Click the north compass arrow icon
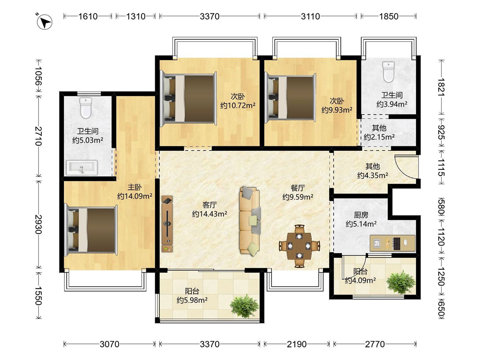click(x=44, y=22)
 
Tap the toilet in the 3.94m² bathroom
click(x=388, y=72)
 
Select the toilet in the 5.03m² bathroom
click(x=85, y=108)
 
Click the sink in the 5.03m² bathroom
click(x=82, y=168)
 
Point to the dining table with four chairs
click(x=300, y=246)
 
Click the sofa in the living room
click(x=250, y=221)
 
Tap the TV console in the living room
click(x=167, y=224)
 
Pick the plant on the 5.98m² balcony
click(x=244, y=306)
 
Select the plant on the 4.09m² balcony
click(x=401, y=282)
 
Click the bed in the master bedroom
click(x=91, y=230)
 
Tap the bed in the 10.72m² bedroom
click(x=189, y=99)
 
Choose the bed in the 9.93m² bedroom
click(x=290, y=97)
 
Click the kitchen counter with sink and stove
click(x=393, y=243)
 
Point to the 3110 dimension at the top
click(x=311, y=16)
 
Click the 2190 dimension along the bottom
click(x=297, y=344)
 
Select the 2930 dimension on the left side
click(x=38, y=224)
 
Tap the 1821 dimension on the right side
click(x=441, y=87)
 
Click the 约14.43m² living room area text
click(x=210, y=214)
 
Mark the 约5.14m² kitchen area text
click(x=361, y=224)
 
